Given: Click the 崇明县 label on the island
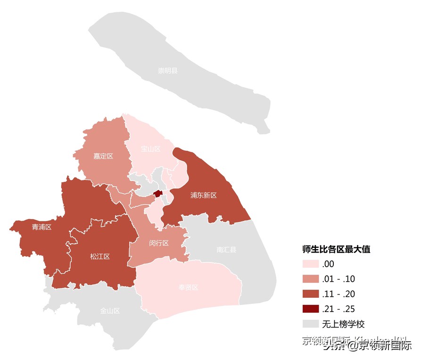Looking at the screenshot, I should (x=168, y=71).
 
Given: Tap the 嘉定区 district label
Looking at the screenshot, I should (x=103, y=156).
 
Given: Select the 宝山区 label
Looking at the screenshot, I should (x=151, y=149).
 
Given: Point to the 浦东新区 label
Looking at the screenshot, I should (x=204, y=195).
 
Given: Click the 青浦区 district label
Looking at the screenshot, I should (x=41, y=227).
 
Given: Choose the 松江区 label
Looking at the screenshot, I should (x=100, y=257).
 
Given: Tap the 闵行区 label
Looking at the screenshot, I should (x=159, y=244).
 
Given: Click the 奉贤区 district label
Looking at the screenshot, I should (x=189, y=287).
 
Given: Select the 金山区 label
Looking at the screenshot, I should (x=110, y=311).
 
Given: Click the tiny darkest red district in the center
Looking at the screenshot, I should (x=158, y=194).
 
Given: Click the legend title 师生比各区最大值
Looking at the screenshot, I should (x=336, y=250).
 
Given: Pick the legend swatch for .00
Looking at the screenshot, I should (x=311, y=264).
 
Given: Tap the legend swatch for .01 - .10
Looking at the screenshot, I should (x=311, y=279).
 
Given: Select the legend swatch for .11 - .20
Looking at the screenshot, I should (x=311, y=294).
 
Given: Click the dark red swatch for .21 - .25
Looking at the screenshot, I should (x=311, y=309).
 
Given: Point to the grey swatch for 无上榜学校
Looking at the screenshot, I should (x=311, y=324).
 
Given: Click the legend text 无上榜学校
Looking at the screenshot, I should (x=343, y=324).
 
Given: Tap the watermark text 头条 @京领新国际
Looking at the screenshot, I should (x=367, y=346).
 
